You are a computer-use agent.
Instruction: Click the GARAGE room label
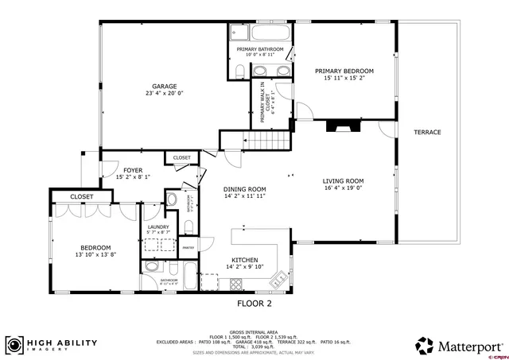[x=165, y=86]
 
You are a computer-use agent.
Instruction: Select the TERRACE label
[x=426, y=132]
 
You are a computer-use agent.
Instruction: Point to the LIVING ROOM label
[x=343, y=180]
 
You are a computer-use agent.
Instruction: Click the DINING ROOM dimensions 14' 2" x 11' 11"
[x=243, y=195]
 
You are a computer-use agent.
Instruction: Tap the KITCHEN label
[x=243, y=260]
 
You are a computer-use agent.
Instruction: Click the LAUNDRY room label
[x=158, y=227]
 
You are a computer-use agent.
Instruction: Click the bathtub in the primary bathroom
[x=261, y=34]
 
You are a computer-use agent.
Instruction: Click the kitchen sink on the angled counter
[x=277, y=281]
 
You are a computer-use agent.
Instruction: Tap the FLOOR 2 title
[x=254, y=303]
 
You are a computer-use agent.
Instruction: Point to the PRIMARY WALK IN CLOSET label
[x=263, y=103]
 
